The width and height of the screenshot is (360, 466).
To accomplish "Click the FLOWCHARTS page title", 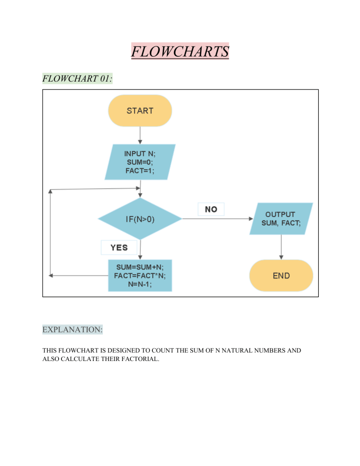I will coord(180,51).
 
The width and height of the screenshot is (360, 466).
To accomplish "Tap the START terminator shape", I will coord(140,111).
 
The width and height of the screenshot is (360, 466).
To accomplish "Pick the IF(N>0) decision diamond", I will coord(140,219).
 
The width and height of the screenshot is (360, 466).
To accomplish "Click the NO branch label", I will coord(211,209).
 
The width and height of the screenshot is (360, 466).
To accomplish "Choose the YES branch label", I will coord(119,247).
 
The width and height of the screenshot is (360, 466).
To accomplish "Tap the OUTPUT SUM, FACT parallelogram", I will coord(281,218).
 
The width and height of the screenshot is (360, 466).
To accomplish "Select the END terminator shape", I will coord(281,276).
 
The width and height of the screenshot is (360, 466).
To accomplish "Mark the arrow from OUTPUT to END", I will coord(281,247).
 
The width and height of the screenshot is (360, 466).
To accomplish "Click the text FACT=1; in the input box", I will coord(140,171).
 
